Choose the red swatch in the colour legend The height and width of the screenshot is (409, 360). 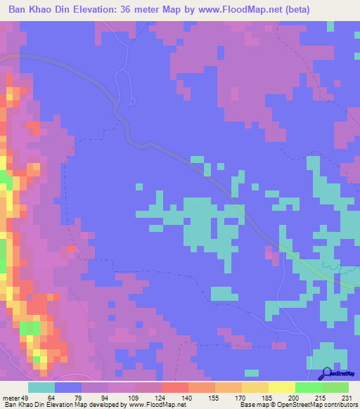point(174,388)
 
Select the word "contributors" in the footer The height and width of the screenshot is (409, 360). point(341,404)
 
